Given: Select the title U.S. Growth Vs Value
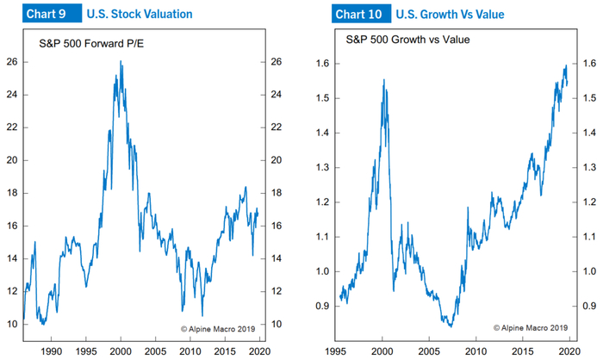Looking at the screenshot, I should click(x=450, y=15).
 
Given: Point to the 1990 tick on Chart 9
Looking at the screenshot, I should click(x=51, y=351).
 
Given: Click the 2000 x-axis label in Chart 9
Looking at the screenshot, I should click(x=121, y=351).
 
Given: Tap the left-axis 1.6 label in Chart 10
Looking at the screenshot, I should click(x=322, y=64).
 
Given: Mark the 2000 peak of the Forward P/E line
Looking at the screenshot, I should click(x=121, y=61).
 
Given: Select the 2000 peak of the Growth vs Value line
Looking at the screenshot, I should click(x=383, y=80).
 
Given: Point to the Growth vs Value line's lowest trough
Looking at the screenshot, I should click(x=449, y=326).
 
